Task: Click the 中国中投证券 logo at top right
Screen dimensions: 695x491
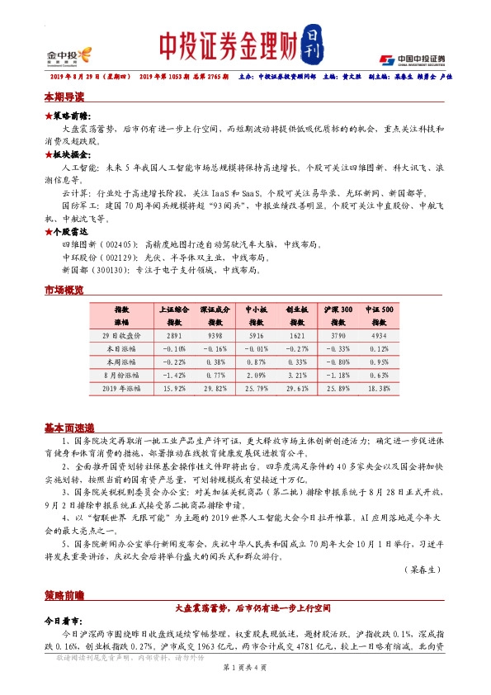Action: (413, 59)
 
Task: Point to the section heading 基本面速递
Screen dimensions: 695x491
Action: (69, 428)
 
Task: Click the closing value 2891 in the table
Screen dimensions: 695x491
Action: (174, 336)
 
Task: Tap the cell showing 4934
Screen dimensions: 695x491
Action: (379, 336)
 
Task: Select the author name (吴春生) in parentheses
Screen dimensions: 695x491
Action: (426, 570)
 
